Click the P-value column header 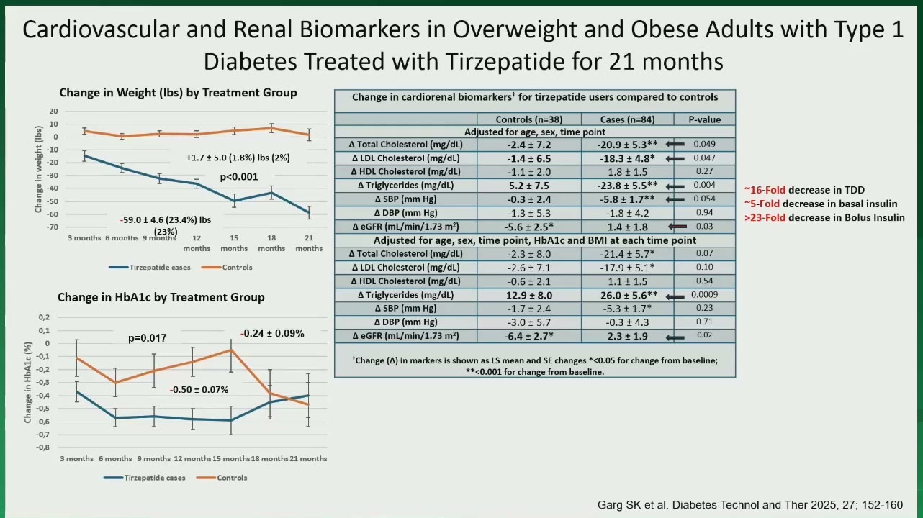704,119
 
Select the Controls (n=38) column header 529,119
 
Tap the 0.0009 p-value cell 704,294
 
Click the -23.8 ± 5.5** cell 627,186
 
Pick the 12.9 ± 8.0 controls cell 529,295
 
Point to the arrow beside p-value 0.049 675,144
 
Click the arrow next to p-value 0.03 677,227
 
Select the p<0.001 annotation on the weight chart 239,177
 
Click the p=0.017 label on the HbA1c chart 147,338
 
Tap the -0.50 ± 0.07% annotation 199,389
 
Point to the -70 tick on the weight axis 53,227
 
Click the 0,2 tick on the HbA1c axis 44,317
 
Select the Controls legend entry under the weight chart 227,267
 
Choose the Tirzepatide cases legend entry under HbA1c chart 144,478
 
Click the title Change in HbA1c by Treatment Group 161,297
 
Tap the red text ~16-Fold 765,190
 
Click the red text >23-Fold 765,217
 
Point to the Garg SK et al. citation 750,505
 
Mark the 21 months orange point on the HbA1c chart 308,404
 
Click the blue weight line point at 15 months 234,201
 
